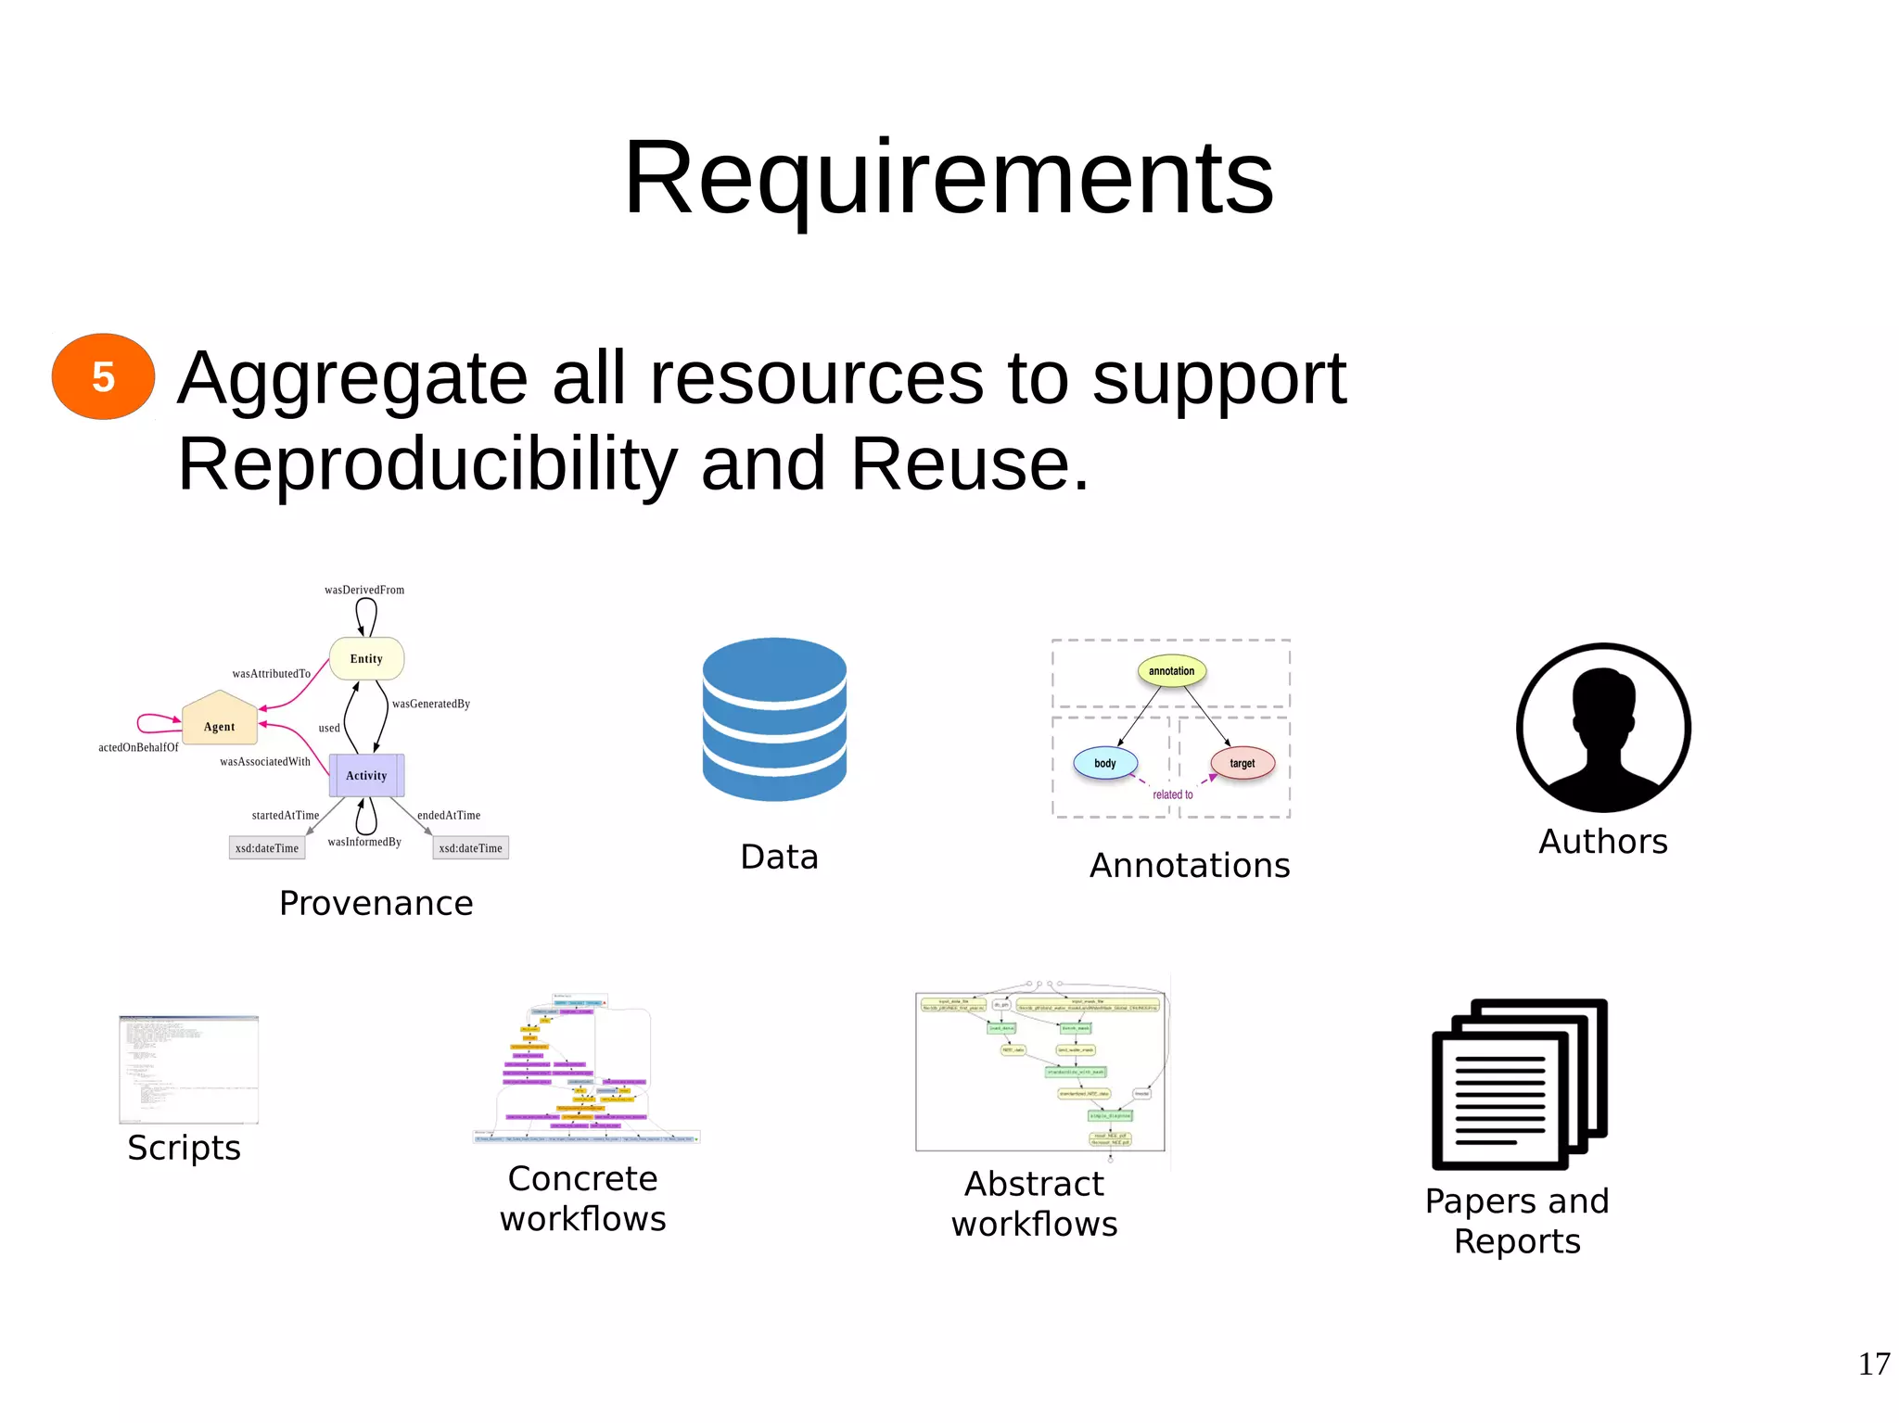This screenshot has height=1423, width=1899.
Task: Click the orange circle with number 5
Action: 103,376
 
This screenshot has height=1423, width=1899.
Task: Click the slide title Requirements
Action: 949,177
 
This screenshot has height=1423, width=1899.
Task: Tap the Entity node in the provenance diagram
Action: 366,658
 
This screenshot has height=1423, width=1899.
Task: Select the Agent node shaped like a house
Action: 220,720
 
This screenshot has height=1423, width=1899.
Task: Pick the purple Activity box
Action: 366,775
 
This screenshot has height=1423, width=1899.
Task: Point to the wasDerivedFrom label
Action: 364,590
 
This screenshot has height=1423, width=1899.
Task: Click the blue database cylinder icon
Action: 774,718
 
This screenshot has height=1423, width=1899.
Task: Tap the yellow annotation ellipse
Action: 1171,670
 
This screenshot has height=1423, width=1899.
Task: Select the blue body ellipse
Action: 1104,763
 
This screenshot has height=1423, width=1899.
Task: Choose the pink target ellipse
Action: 1243,763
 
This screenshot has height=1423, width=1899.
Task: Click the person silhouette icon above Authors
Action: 1603,729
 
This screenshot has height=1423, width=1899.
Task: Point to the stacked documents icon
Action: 1520,1084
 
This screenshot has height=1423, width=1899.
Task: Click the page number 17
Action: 1873,1364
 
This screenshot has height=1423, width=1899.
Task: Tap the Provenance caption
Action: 376,903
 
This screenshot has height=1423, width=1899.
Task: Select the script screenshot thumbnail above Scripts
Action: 188,1070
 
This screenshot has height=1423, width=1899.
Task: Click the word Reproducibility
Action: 427,464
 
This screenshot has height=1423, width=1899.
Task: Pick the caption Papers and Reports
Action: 1517,1221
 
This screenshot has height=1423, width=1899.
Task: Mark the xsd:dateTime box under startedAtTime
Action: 267,847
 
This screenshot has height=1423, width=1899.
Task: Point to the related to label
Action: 1172,794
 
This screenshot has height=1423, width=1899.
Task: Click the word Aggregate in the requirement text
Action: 352,378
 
